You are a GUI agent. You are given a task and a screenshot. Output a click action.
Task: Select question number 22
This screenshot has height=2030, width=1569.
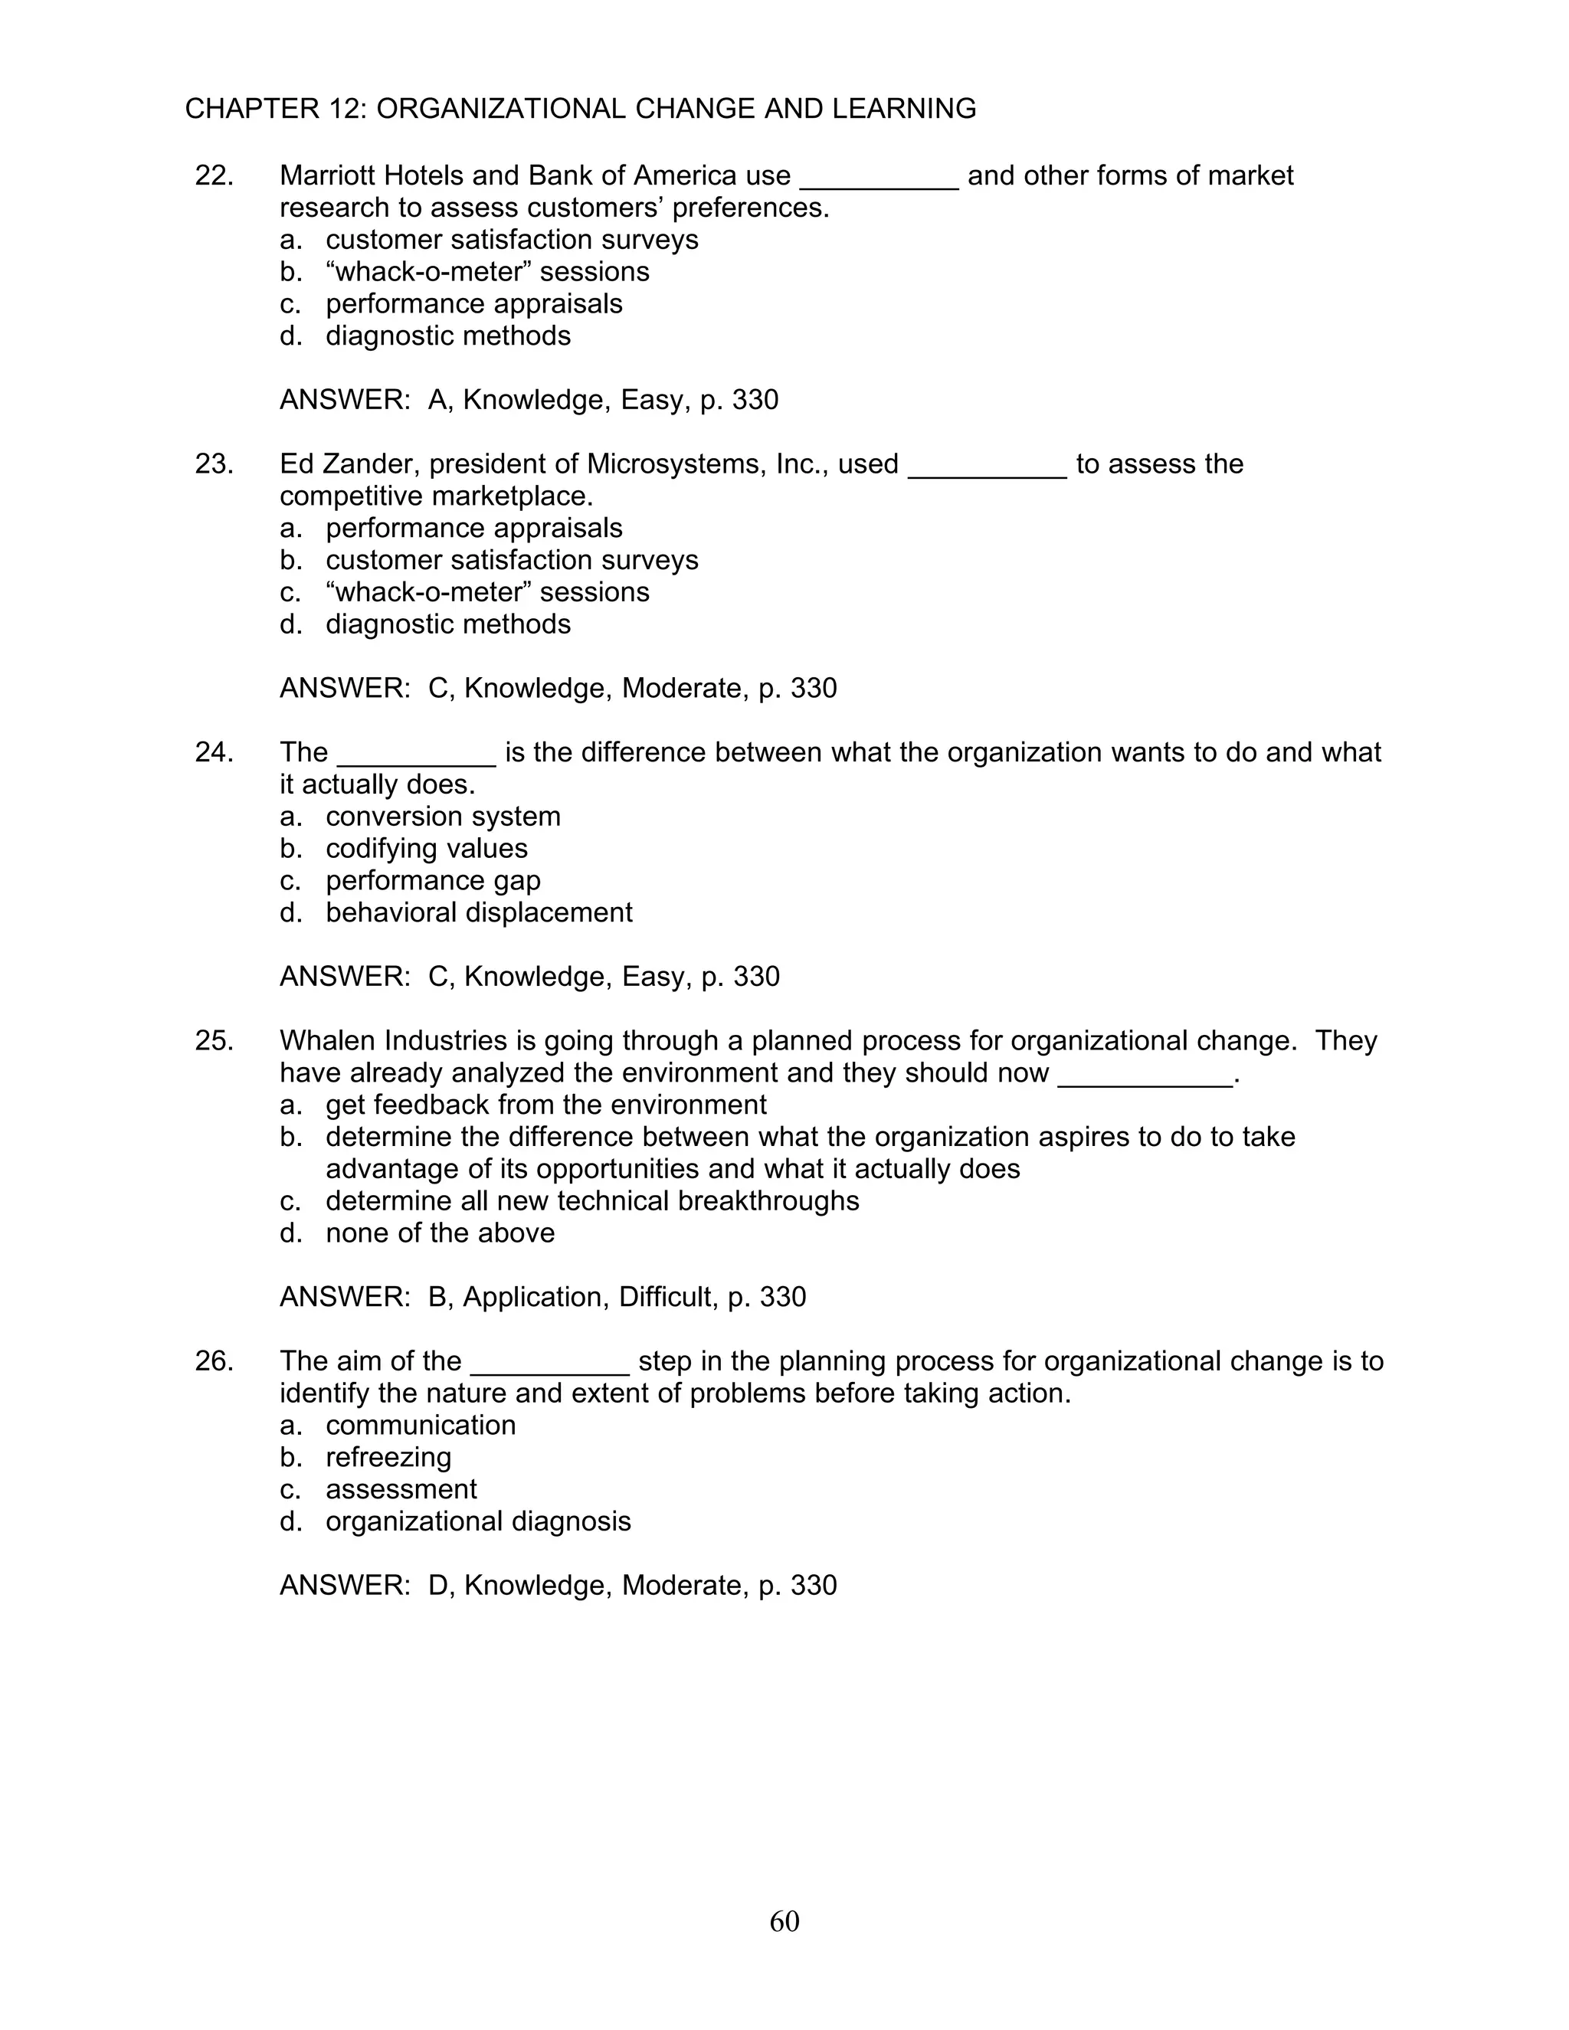point(214,175)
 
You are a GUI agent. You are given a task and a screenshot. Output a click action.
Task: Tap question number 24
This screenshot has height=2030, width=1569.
point(214,752)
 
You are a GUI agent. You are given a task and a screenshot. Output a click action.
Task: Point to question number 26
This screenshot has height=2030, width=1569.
point(214,1360)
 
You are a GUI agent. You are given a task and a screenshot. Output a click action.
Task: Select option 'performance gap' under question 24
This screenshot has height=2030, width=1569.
point(432,880)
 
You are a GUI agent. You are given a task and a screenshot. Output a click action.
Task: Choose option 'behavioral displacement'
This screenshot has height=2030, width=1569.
point(479,912)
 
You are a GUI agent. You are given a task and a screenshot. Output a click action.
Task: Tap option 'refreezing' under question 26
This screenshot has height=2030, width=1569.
point(388,1456)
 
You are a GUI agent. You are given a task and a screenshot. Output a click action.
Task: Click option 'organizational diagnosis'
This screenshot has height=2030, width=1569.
point(478,1521)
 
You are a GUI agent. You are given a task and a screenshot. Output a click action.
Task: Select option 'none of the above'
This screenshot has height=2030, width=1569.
point(440,1233)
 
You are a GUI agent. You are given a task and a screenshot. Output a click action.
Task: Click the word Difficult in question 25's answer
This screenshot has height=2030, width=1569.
point(668,1297)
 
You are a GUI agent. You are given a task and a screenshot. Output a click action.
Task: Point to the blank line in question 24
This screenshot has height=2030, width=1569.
point(417,758)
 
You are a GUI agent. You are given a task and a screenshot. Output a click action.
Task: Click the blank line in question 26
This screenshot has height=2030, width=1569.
point(550,1367)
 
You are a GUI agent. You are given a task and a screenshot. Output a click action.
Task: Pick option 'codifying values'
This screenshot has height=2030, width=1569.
point(426,848)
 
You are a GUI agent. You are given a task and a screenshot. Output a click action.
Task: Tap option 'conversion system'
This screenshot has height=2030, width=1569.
point(443,816)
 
